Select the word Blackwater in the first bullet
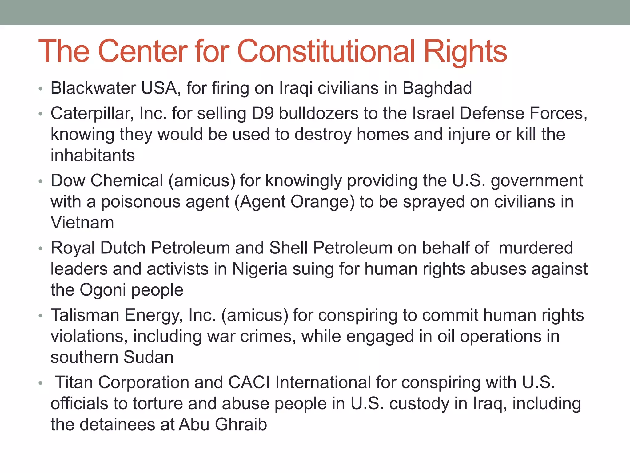point(93,88)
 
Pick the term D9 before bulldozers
point(262,113)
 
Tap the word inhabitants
point(93,155)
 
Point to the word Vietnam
point(82,223)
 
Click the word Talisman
point(85,315)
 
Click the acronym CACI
point(249,382)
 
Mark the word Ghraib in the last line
point(241,425)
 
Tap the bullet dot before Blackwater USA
point(40,89)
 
